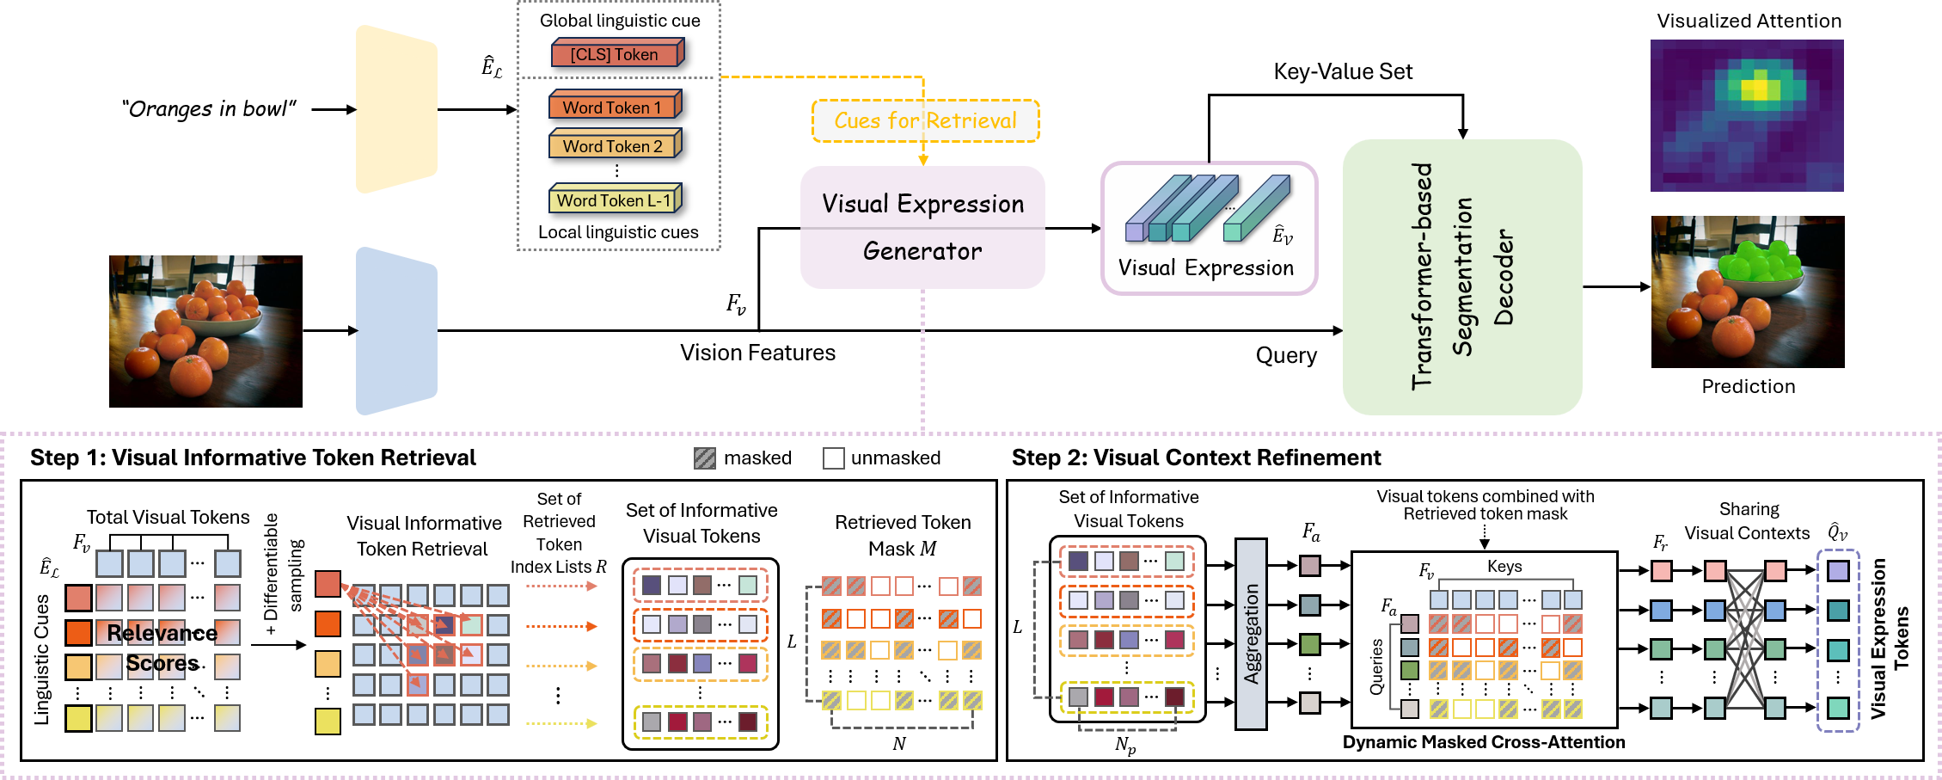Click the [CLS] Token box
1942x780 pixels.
(x=616, y=54)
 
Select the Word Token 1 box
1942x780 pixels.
(x=614, y=107)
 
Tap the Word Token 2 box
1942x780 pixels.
(x=614, y=146)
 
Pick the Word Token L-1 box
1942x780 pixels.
(x=614, y=200)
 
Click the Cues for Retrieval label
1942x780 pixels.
(x=925, y=121)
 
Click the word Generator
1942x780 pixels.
(x=922, y=251)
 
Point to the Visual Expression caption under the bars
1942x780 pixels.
(x=1205, y=268)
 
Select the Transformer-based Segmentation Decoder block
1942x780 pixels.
(x=1461, y=277)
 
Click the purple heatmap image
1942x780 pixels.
(x=1746, y=115)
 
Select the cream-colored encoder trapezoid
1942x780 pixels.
(x=396, y=109)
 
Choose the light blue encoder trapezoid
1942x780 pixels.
(x=396, y=331)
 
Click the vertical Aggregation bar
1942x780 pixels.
(x=1251, y=634)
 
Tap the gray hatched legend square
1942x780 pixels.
(x=705, y=458)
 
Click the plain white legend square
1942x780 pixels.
(x=833, y=458)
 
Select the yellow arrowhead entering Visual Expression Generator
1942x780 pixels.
(x=923, y=161)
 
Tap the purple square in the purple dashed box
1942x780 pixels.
(x=1838, y=571)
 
